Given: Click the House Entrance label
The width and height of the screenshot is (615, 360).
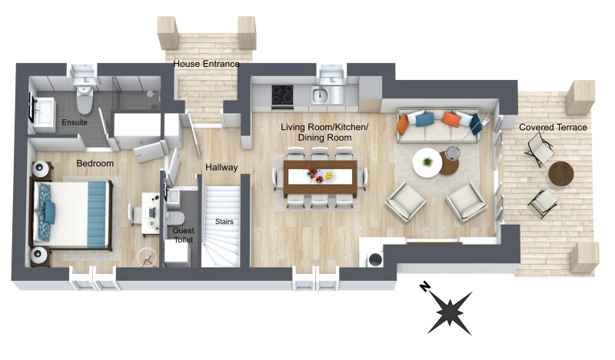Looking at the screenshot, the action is point(206,64).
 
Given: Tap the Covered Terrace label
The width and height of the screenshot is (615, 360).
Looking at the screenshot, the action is point(553,127).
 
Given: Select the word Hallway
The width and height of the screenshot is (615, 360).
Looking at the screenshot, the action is point(221,168).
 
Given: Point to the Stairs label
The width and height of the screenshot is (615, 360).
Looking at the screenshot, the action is point(224,222).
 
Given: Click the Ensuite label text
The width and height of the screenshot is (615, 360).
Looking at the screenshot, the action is point(75,122).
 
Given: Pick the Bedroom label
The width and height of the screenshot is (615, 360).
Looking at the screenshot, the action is point(95,163).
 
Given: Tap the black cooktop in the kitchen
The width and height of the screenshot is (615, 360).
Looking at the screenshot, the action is point(282,95).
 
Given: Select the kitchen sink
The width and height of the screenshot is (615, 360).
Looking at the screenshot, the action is point(321,95).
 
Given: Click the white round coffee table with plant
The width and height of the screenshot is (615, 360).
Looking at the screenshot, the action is point(427,162).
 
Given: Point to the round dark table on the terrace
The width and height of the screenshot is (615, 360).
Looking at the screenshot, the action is point(561,173).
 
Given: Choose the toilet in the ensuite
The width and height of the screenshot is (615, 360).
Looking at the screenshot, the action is point(85,99).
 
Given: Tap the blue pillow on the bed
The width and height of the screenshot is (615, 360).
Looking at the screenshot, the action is point(50,212).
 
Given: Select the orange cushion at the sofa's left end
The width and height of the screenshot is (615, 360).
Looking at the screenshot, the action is point(402,125).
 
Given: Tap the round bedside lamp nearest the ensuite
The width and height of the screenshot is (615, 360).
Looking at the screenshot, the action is point(41,169).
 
